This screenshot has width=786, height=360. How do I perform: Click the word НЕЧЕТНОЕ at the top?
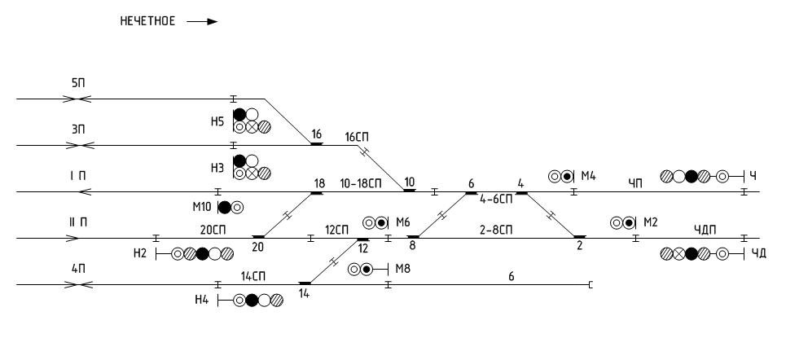147,21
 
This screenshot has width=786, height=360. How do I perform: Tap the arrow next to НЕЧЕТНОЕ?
202,22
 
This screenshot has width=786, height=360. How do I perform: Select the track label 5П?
78,84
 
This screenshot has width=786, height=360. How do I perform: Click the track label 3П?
78,130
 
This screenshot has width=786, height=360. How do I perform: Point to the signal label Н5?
217,121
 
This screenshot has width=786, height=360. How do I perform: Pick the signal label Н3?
217,168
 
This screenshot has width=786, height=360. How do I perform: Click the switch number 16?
317,134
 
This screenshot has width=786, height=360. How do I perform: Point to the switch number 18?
318,183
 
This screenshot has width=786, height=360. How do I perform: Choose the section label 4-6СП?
495,199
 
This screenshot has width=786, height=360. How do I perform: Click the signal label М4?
589,176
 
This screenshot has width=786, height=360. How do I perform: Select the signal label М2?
650,222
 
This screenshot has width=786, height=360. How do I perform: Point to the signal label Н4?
203,301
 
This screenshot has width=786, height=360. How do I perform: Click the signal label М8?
404,269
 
